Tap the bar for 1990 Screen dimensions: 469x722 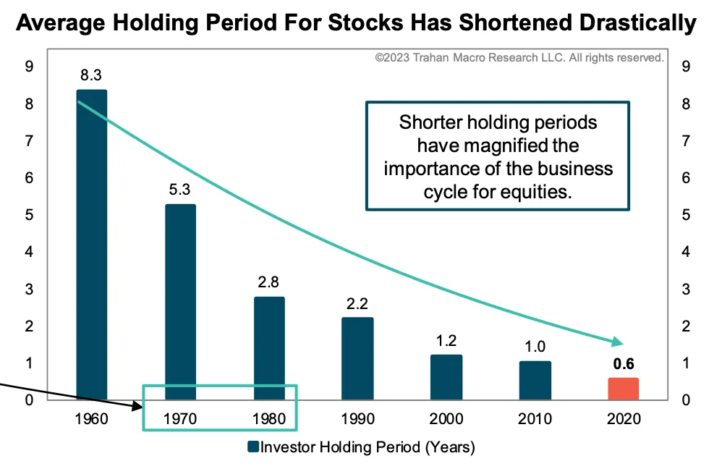(358, 358)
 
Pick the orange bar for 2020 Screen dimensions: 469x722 (623, 388)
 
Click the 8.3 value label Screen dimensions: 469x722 (91, 75)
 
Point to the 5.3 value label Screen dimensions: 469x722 (180, 190)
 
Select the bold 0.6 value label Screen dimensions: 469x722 (623, 364)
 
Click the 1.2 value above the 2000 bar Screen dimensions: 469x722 (447, 340)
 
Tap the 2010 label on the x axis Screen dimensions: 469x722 (535, 418)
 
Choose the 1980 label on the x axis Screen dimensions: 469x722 (269, 418)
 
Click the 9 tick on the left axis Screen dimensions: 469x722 (29, 67)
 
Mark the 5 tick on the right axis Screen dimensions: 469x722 (685, 215)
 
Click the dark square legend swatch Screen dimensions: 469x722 (253, 447)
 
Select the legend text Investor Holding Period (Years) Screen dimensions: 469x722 (368, 447)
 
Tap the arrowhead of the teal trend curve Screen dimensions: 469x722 (617, 342)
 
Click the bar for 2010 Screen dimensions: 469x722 (535, 380)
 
